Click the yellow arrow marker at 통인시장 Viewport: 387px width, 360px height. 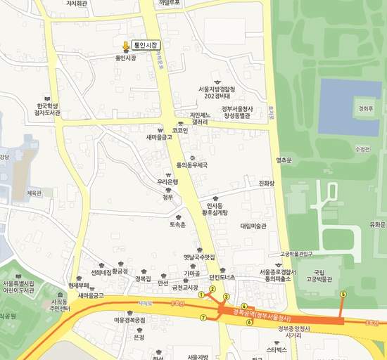click(x=126, y=46)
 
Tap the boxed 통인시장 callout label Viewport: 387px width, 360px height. click(x=146, y=45)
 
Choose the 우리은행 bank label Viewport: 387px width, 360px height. click(x=168, y=181)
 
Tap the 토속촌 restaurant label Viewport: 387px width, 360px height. click(x=177, y=225)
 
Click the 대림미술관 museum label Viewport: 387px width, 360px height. click(x=253, y=226)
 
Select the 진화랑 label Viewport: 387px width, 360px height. click(x=267, y=184)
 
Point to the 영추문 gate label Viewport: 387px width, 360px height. click(x=284, y=160)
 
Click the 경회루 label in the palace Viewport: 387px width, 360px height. click(x=364, y=109)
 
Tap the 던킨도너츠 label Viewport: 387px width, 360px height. click(x=222, y=277)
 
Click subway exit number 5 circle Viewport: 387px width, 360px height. click(x=343, y=294)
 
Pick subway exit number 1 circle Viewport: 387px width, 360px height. click(x=201, y=295)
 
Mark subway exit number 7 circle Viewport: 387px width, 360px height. click(x=203, y=318)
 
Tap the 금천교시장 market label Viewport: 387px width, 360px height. click(x=185, y=287)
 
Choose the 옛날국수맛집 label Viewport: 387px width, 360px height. click(x=199, y=257)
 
